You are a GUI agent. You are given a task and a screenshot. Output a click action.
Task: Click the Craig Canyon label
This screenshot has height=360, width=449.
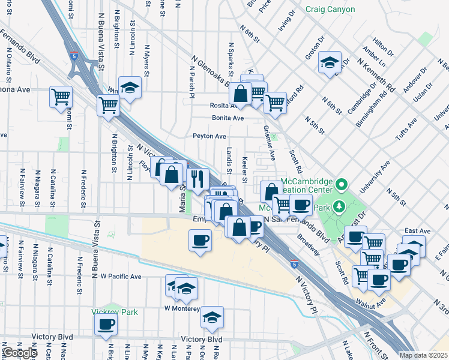(x=330, y=10)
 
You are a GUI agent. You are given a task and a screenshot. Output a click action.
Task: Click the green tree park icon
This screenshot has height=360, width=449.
(x=339, y=207)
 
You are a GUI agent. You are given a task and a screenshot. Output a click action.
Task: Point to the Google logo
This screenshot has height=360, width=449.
(x=20, y=353)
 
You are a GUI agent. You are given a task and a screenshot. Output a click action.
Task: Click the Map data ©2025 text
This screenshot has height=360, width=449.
(x=424, y=355)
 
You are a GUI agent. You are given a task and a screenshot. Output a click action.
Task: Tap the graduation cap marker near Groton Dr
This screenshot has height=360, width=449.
(x=330, y=62)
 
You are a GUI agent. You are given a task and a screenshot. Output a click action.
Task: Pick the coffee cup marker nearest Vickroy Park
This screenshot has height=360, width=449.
(x=106, y=325)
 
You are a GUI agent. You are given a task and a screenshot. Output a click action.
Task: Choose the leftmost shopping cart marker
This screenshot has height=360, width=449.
(x=61, y=96)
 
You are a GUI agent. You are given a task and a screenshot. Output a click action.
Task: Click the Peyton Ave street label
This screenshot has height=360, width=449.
(x=209, y=136)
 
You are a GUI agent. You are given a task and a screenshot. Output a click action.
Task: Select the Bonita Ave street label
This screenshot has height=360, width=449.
(x=228, y=118)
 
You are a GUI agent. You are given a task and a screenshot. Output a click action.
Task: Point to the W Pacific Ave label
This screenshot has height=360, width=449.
(x=121, y=277)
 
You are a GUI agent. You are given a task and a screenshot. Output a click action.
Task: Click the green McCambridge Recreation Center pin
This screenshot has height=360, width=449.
(x=342, y=184)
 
